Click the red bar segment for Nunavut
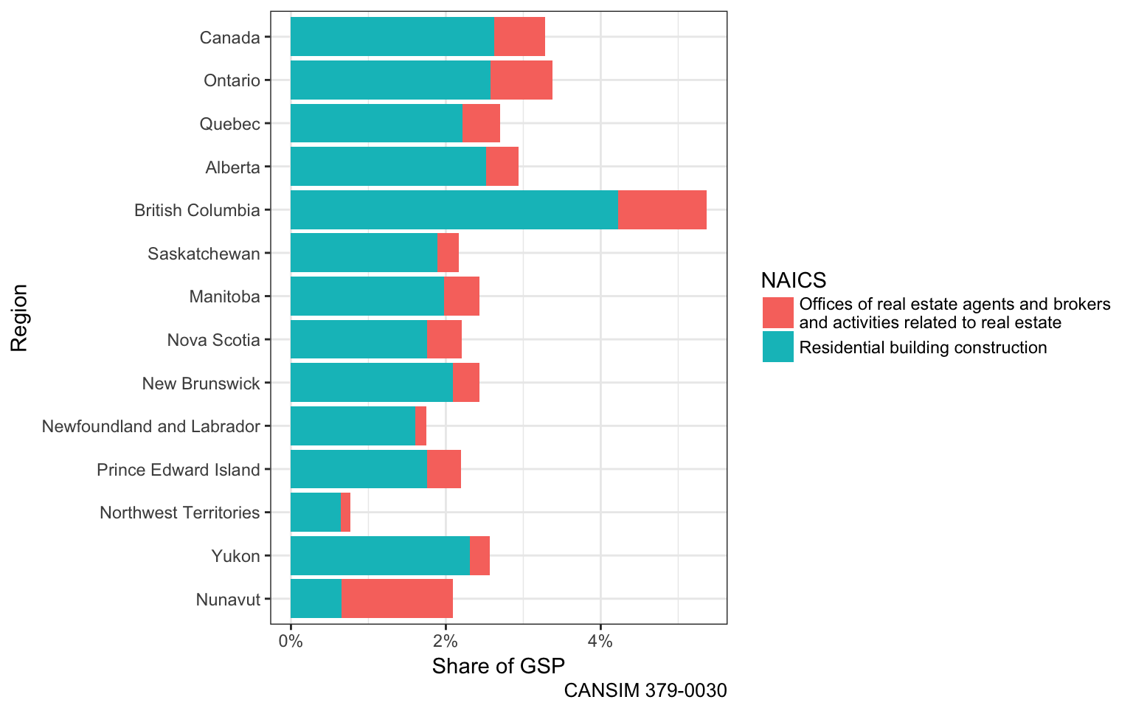[397, 599]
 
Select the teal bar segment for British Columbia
[454, 210]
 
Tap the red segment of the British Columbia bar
[662, 210]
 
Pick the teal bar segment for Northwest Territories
[315, 513]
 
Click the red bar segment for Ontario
[521, 80]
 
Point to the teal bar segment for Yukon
[380, 556]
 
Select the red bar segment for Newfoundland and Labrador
[420, 426]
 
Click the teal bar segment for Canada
[392, 37]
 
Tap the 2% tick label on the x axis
[445, 641]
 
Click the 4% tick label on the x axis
[600, 641]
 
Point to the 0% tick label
[291, 641]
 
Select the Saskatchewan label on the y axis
[204, 254]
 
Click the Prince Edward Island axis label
[179, 470]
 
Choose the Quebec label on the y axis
[229, 124]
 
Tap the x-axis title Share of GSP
[498, 667]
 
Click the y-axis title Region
[18, 317]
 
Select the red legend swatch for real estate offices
[777, 313]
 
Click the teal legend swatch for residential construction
[777, 347]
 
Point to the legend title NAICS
[793, 280]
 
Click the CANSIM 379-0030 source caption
[645, 691]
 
